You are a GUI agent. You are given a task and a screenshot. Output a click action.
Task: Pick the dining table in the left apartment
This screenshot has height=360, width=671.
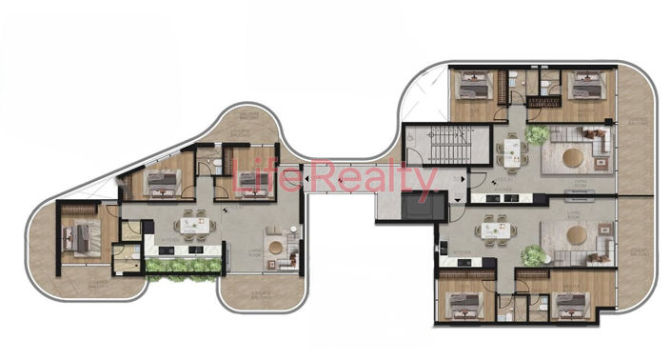point(193,220)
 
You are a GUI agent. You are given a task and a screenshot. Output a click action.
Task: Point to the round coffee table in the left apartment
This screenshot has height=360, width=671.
point(276,248)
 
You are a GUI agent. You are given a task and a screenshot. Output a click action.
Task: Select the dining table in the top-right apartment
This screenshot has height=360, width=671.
point(513,151)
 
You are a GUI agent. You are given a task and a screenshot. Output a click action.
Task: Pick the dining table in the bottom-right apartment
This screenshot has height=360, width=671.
point(494,229)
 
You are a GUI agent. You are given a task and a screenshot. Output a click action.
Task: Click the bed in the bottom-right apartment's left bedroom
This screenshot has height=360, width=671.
point(463,305)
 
